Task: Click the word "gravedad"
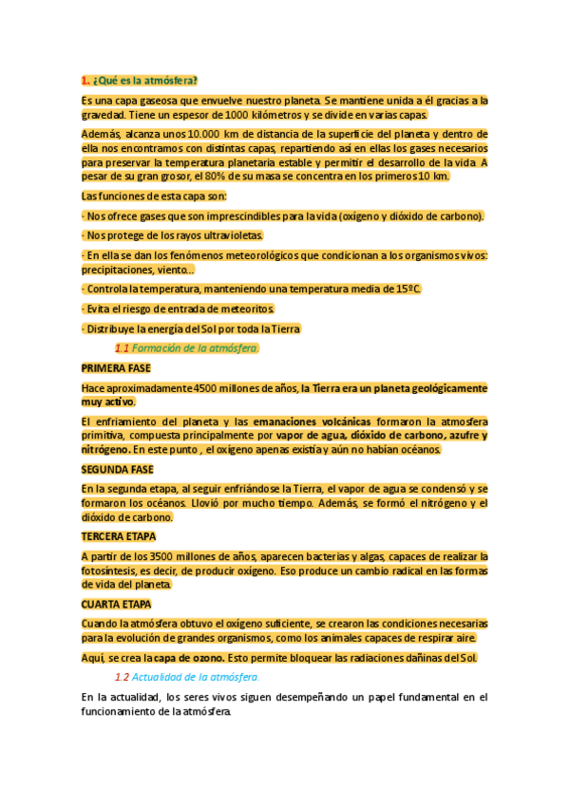pyautogui.click(x=101, y=115)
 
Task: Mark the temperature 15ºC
pyautogui.click(x=408, y=289)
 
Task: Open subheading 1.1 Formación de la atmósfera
pyautogui.click(x=186, y=347)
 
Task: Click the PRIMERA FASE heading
pyautogui.click(x=116, y=367)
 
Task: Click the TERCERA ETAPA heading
pyautogui.click(x=118, y=536)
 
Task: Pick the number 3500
pyautogui.click(x=160, y=555)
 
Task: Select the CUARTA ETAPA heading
pyautogui.click(x=116, y=604)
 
